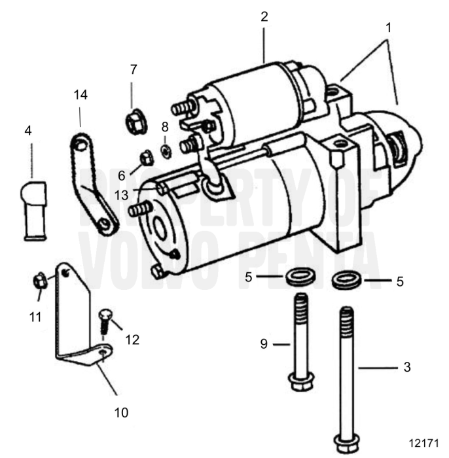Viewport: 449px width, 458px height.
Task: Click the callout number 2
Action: coord(264,17)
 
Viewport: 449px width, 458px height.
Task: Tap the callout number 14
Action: coord(80,94)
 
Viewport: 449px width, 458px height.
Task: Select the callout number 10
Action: coord(121,412)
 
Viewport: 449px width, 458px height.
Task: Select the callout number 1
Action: coord(388,29)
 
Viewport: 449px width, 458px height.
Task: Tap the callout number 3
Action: coord(406,368)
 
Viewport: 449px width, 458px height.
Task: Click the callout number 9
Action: coord(264,343)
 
